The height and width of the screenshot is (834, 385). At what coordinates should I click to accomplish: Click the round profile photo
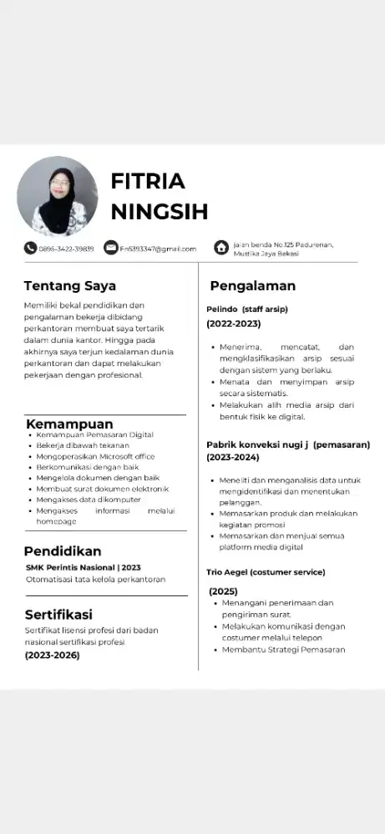coord(58,196)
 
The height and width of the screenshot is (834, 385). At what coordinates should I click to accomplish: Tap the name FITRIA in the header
coord(148,181)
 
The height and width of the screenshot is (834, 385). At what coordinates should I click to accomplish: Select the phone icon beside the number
coord(30,248)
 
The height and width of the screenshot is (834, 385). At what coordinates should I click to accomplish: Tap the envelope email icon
coord(111,248)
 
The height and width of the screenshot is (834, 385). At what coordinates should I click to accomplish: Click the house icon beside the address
coord(221,248)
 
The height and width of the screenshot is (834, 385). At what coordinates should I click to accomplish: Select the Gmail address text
coord(158,249)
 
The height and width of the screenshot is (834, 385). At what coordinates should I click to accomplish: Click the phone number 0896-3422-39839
coord(66,249)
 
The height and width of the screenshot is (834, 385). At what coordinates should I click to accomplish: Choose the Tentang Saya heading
coord(69,286)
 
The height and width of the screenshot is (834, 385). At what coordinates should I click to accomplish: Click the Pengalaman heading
coord(252,286)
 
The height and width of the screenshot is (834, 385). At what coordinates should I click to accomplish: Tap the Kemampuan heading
coord(68,424)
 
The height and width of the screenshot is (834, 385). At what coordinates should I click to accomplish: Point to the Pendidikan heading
coord(63,551)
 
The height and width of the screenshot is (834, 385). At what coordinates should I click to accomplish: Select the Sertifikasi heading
coord(58,615)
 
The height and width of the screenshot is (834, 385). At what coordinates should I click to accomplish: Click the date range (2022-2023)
coord(234,324)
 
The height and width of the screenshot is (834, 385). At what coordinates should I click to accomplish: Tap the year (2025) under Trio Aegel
coord(223,590)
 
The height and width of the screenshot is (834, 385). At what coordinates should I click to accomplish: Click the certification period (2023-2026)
coord(53,655)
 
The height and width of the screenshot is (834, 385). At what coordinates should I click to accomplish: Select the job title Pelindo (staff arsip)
coord(247,309)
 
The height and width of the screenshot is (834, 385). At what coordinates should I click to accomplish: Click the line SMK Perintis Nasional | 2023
coord(83,567)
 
